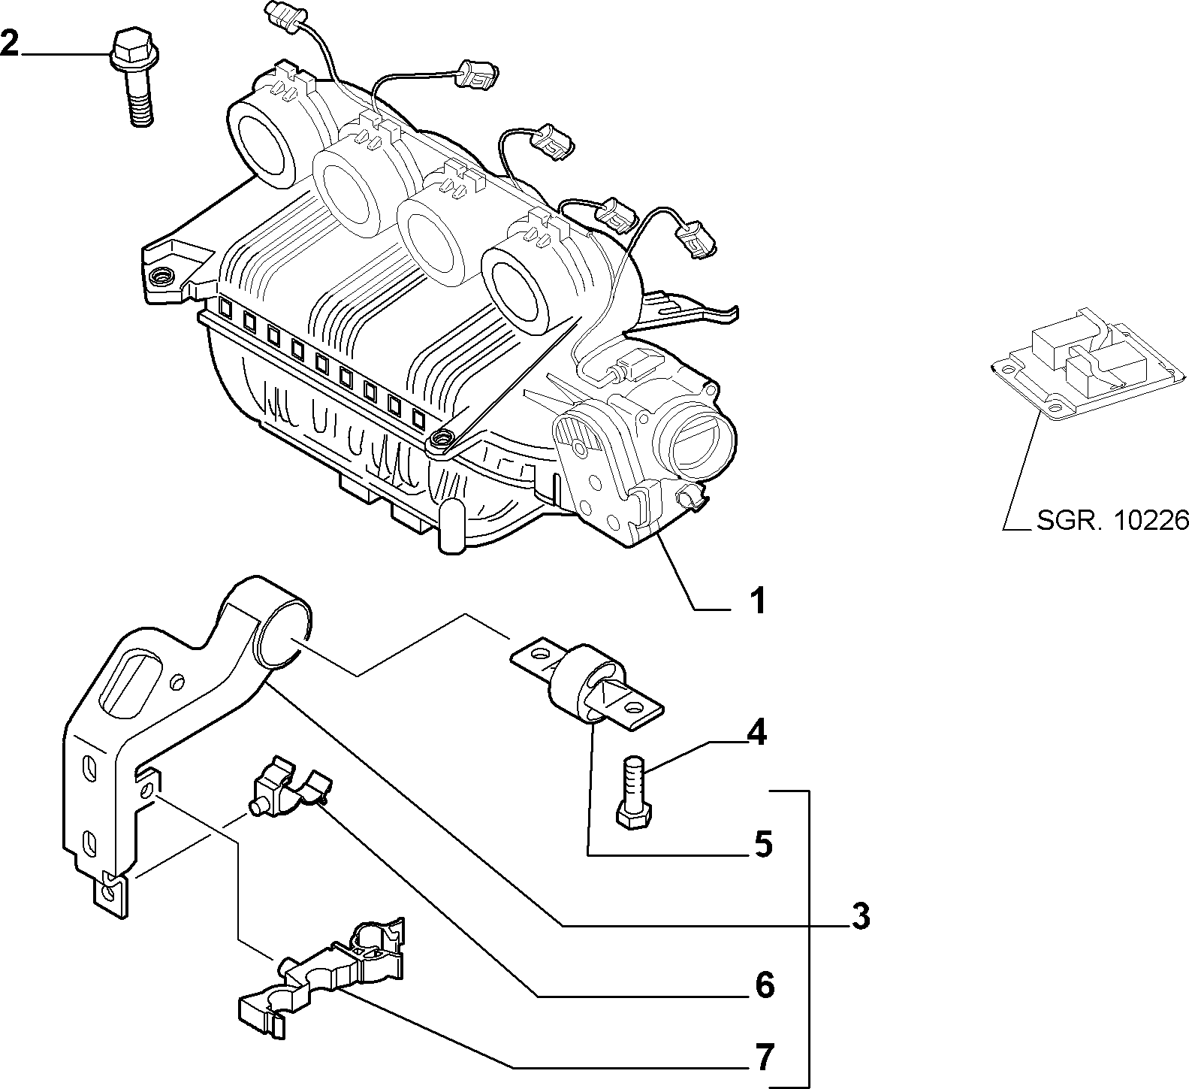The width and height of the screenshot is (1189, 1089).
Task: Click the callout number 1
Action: tap(758, 601)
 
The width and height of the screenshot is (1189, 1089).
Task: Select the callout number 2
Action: tap(10, 44)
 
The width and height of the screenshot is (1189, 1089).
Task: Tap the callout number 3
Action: tap(861, 916)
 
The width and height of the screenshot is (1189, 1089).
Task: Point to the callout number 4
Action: tap(756, 732)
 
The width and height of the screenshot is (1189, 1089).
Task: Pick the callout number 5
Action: tap(762, 845)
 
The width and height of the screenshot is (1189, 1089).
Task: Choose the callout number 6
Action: tap(764, 985)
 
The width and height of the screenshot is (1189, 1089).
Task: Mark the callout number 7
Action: tap(764, 1058)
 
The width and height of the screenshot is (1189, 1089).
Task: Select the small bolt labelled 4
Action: tap(633, 794)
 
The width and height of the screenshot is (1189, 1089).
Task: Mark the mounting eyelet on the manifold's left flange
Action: tap(161, 278)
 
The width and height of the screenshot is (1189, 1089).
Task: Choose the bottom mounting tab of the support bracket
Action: tap(111, 894)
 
